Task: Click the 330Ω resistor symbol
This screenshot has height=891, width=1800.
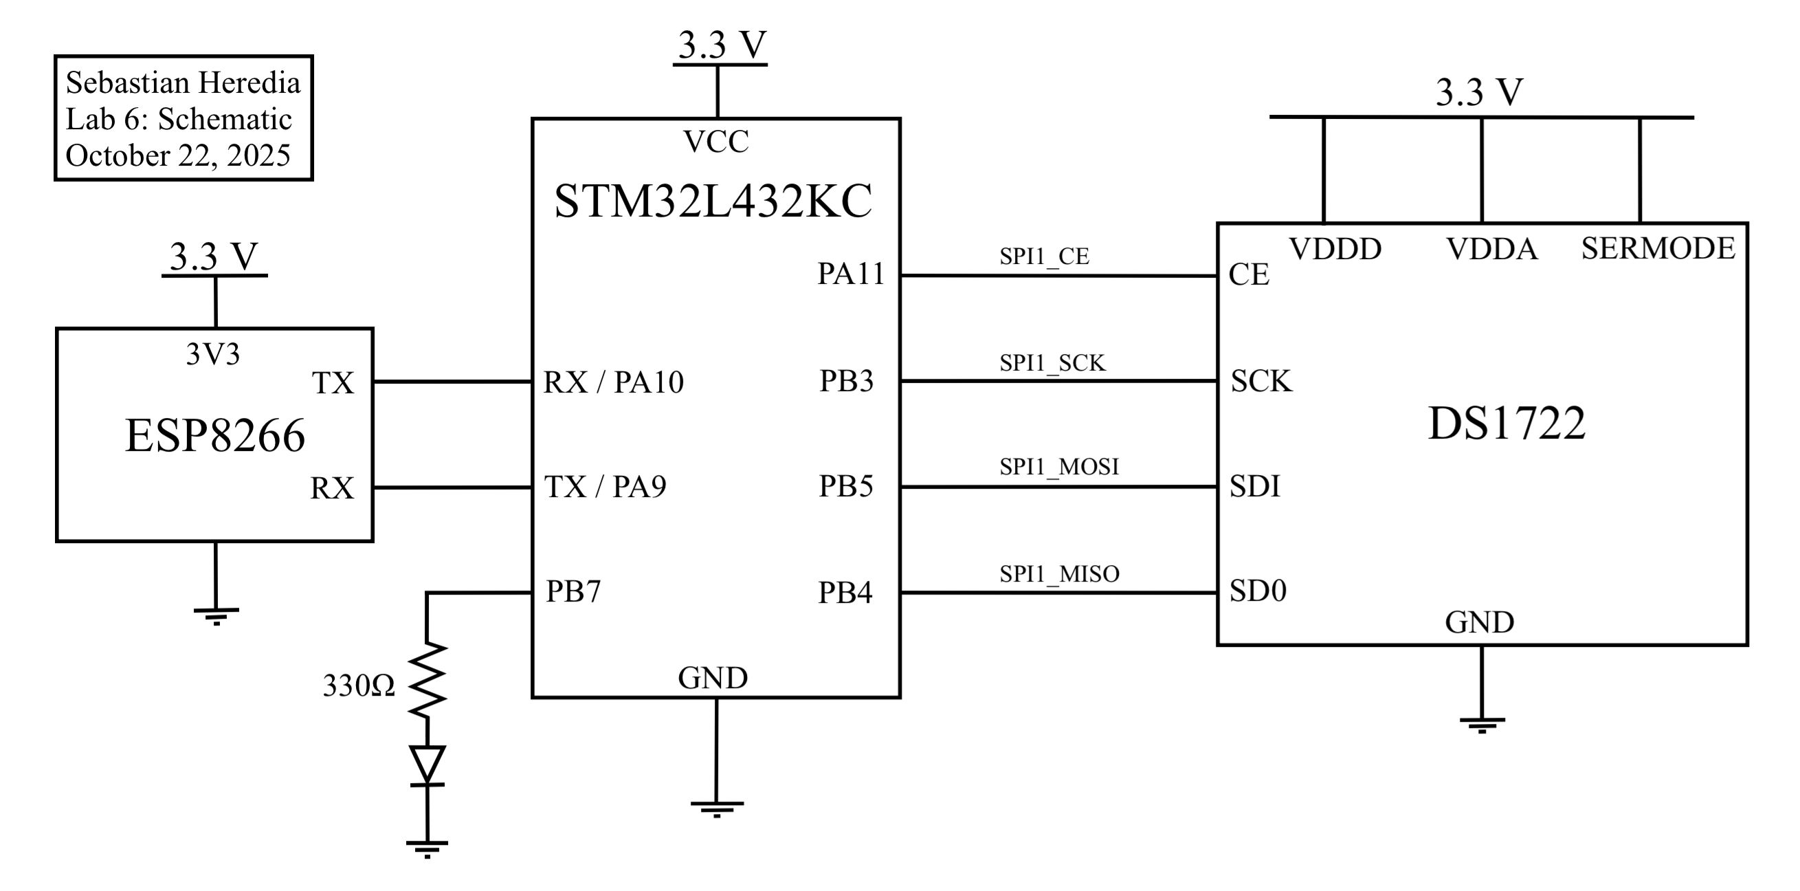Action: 427,679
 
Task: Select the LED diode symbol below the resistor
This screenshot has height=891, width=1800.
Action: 427,766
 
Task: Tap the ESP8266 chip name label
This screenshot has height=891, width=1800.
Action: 214,435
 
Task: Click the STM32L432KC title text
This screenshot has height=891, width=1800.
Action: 713,201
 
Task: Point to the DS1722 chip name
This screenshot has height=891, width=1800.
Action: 1507,423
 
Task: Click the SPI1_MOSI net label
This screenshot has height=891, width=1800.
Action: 1058,466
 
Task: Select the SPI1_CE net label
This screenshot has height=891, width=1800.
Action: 1044,256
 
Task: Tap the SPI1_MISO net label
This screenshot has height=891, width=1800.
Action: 1058,574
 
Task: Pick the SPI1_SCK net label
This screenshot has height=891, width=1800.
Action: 1052,363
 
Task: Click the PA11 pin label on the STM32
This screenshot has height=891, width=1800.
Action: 850,274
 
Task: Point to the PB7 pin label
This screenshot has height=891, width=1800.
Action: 573,591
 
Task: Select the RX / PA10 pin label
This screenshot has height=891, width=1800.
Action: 613,382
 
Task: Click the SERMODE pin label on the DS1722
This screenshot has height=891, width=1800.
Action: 1658,248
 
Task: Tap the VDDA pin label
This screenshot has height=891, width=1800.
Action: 1491,249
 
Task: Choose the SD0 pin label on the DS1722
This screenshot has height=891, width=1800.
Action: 1258,591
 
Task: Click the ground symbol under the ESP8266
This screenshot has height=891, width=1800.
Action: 216,615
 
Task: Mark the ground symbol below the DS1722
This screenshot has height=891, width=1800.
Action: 1481,724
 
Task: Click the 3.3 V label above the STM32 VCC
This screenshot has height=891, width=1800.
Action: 722,45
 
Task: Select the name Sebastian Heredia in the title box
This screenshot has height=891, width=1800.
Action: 183,83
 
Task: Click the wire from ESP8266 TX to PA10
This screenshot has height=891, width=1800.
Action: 452,382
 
